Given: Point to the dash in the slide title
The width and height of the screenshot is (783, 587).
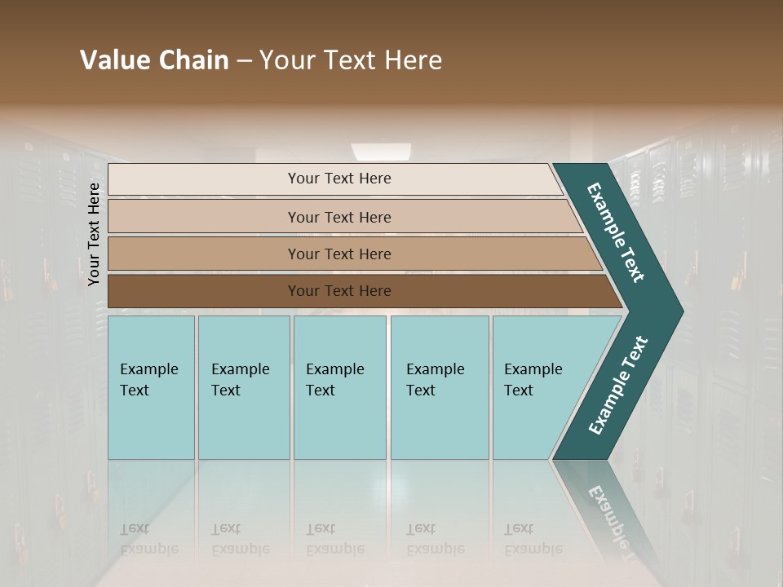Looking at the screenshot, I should click(x=244, y=61).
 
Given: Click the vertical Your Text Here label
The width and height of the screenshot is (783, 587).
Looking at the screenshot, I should click(x=95, y=234).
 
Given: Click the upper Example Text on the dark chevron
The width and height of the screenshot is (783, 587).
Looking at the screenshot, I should click(x=616, y=232).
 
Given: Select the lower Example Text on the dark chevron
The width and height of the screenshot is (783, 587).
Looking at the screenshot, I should click(x=618, y=386).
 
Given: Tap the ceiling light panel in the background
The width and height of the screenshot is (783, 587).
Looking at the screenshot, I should click(x=381, y=152).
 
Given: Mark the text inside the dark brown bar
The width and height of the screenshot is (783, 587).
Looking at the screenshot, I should click(x=339, y=291).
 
